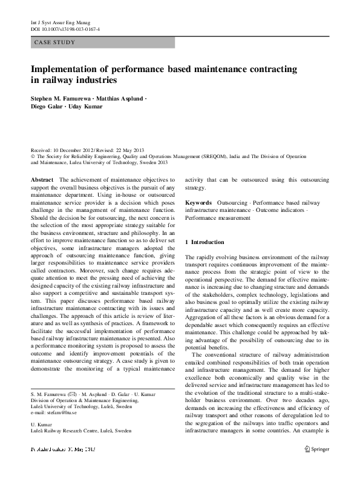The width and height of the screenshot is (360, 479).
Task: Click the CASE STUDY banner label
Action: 55,42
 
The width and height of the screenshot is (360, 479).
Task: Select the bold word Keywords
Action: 198,202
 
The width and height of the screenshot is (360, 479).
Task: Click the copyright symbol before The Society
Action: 33,156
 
